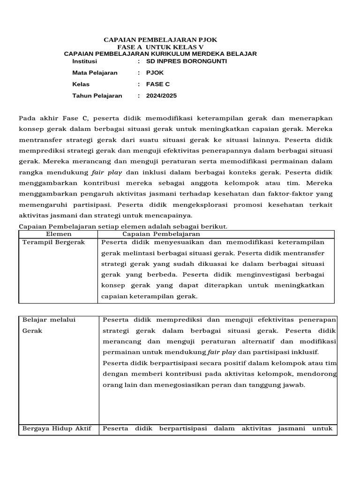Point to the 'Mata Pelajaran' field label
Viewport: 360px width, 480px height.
click(x=95, y=73)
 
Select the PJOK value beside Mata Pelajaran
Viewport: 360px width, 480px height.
click(x=155, y=73)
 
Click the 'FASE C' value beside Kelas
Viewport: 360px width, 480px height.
click(x=158, y=84)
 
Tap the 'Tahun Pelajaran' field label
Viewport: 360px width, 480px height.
click(x=97, y=96)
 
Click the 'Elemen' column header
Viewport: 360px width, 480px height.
click(x=59, y=234)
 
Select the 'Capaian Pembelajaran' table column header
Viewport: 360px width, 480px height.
click(x=161, y=234)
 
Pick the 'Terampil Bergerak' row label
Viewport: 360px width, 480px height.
click(x=54, y=242)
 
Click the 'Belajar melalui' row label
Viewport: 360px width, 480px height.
click(x=49, y=320)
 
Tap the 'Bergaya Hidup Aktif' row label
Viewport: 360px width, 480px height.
click(x=57, y=428)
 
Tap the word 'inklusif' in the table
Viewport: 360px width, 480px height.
click(x=306, y=352)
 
